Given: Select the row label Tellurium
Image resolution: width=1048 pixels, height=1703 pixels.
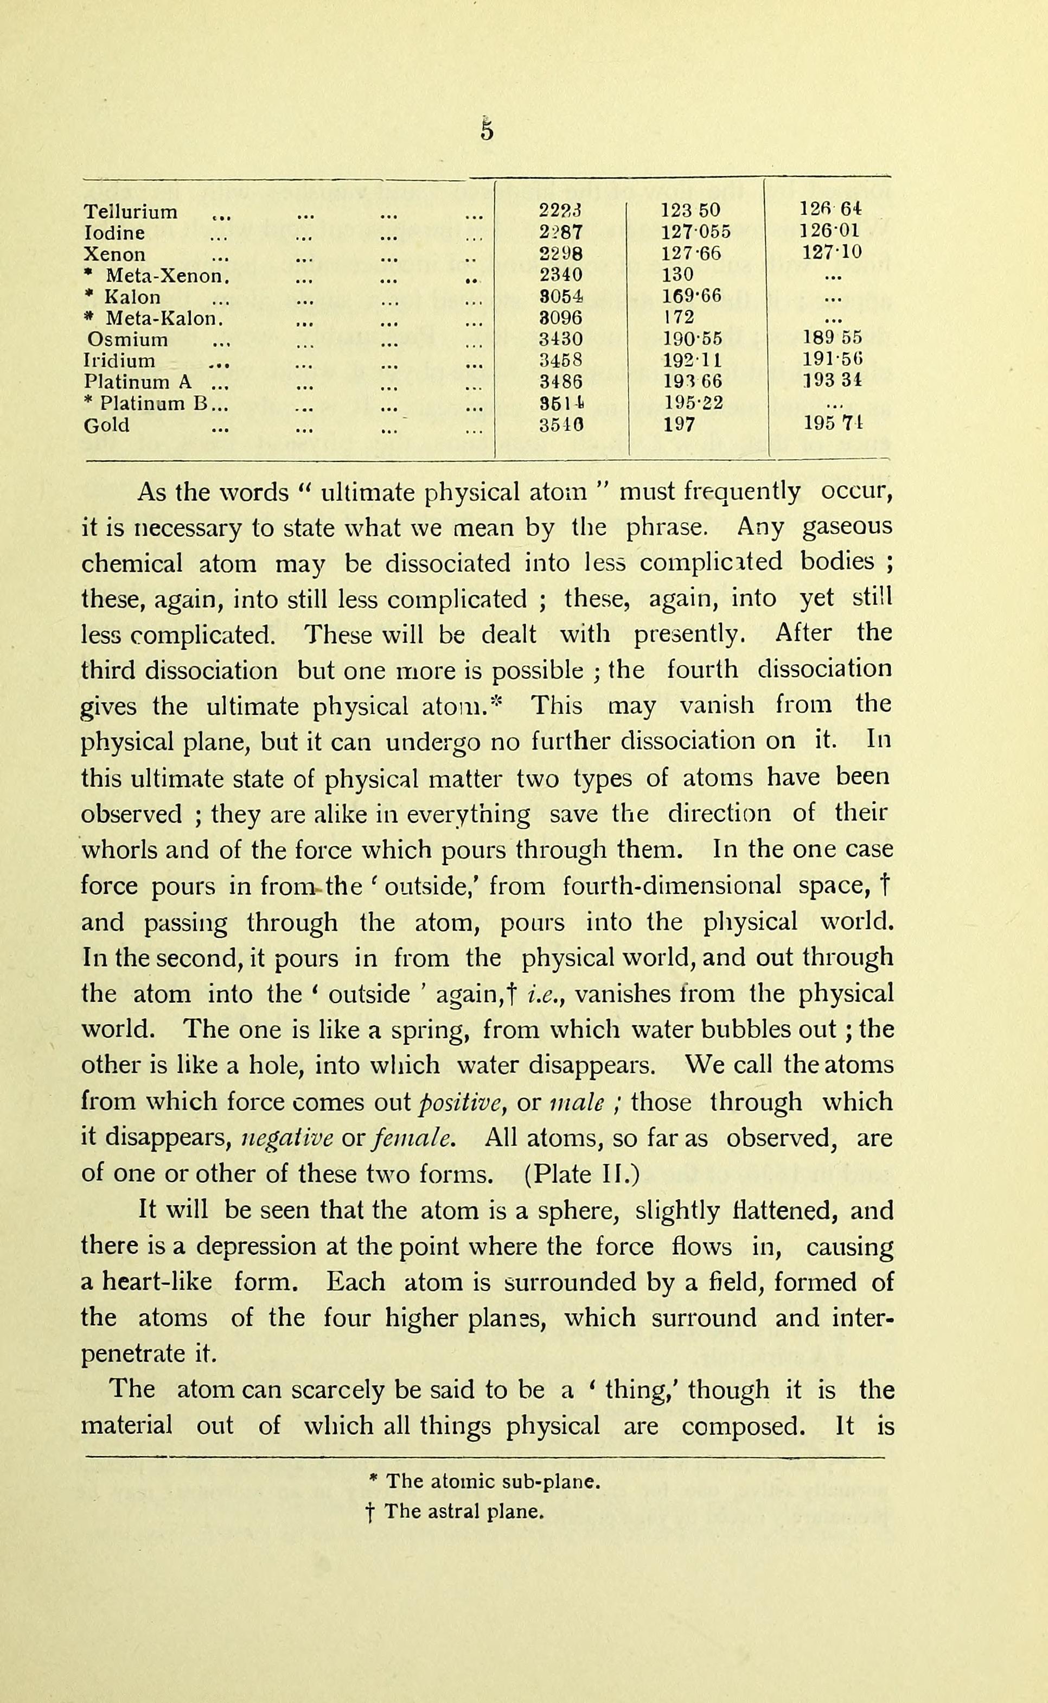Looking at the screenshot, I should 130,212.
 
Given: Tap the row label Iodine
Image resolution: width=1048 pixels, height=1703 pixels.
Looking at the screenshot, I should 114,233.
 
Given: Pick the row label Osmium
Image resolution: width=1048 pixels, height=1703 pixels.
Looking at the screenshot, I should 127,340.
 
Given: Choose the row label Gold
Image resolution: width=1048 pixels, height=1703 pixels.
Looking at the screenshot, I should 106,425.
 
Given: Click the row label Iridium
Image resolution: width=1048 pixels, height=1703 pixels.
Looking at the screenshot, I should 119,360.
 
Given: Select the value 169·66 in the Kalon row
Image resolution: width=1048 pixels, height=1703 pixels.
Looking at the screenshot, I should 692,297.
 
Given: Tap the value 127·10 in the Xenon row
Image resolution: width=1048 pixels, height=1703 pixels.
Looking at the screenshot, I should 832,254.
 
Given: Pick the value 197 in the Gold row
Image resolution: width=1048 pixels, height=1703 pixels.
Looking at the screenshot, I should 679,425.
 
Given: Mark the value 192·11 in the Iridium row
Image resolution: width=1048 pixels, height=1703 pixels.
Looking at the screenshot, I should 692,360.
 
